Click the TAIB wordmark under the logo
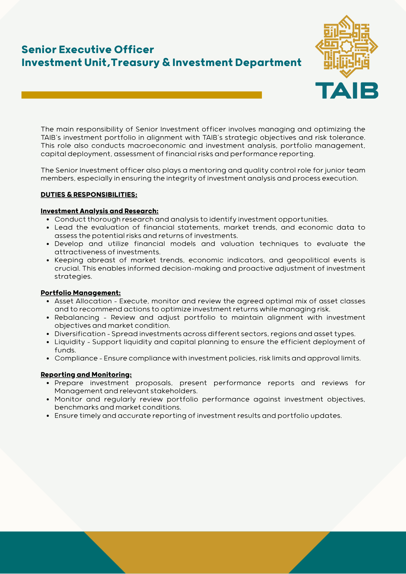click(x=347, y=90)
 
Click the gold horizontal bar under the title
click(x=142, y=95)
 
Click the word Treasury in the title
click(x=135, y=63)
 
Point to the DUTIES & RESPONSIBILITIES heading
click(x=89, y=195)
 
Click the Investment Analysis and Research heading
click(x=99, y=211)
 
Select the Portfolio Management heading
click(x=81, y=293)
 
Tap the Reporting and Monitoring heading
click(x=86, y=375)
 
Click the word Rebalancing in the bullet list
click(x=77, y=317)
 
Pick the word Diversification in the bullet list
click(x=80, y=334)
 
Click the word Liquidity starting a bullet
click(x=70, y=342)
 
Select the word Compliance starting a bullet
click(x=76, y=358)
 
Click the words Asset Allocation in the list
click(x=83, y=301)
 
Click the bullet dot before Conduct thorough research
click(x=48, y=220)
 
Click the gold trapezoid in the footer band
click(x=207, y=552)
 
